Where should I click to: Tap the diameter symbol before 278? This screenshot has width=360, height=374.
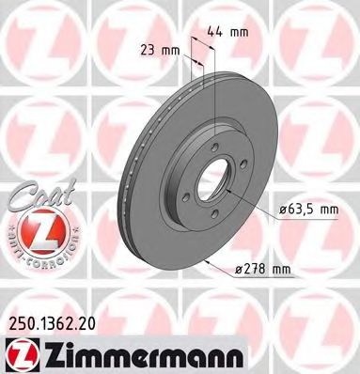tap(237, 271)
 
